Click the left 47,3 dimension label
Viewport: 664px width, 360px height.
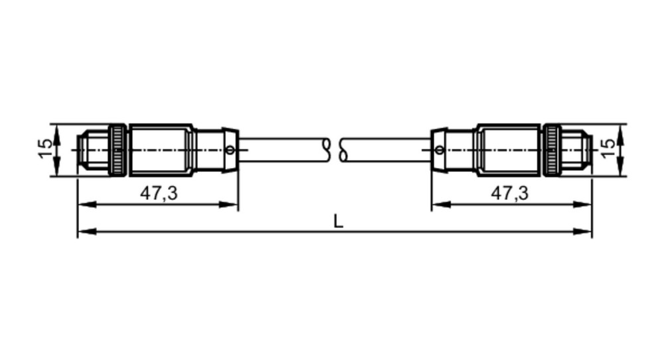click(x=159, y=193)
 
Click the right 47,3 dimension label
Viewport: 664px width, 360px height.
click(x=509, y=193)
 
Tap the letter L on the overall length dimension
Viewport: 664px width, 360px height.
click(x=338, y=221)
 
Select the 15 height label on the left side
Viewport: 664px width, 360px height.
click(x=46, y=149)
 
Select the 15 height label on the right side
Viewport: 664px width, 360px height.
click(x=608, y=149)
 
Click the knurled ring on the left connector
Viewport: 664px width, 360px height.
click(x=118, y=150)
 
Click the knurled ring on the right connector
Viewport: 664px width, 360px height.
click(x=551, y=150)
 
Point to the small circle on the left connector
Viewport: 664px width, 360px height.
click(x=230, y=150)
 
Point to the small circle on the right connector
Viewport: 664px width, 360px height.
click(x=440, y=150)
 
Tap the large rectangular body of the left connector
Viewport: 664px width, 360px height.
click(x=161, y=150)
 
